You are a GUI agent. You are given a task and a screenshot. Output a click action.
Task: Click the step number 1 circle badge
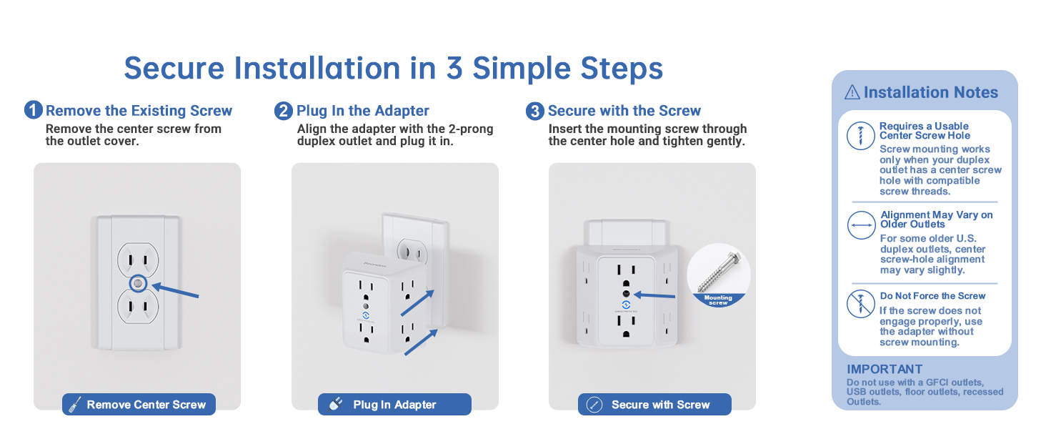tap(34, 110)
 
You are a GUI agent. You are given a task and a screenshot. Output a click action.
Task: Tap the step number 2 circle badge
tap(284, 112)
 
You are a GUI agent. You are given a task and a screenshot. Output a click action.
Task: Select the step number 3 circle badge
tap(535, 112)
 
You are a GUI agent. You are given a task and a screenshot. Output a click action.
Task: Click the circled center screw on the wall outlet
tap(138, 283)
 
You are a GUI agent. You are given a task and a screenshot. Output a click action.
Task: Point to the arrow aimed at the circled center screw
tap(176, 290)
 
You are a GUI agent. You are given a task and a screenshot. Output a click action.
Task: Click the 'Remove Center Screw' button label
tap(146, 405)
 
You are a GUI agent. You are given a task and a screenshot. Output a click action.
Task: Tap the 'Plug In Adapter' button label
tap(394, 405)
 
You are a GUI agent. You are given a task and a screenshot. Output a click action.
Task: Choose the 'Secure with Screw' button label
tap(661, 405)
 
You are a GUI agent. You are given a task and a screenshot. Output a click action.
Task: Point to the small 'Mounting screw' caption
tap(718, 300)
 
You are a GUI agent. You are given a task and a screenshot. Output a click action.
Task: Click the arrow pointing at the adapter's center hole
tap(654, 295)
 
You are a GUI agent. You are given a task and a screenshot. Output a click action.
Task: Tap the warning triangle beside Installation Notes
tap(852, 92)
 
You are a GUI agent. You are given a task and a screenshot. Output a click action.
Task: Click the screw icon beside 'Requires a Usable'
tap(861, 136)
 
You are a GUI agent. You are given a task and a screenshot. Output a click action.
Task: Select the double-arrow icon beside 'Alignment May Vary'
tap(861, 225)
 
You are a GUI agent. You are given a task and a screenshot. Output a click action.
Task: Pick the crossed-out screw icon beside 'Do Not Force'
tap(861, 304)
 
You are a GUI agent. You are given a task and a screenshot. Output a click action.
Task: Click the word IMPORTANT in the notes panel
tap(885, 369)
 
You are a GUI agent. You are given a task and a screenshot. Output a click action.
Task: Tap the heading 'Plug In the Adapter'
tap(363, 111)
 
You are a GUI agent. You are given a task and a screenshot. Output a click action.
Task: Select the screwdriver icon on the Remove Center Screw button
tap(75, 405)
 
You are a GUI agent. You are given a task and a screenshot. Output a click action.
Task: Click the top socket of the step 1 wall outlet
tap(138, 260)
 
